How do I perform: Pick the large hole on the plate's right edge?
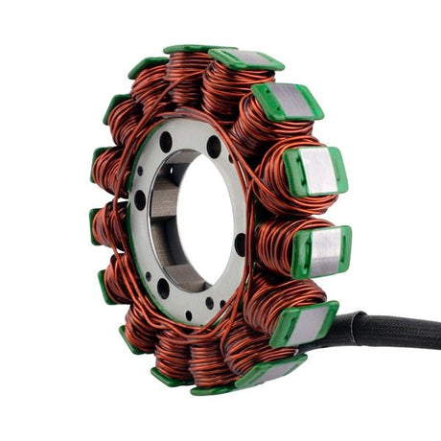[x=240, y=244]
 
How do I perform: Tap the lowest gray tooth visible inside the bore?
[x=187, y=278]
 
